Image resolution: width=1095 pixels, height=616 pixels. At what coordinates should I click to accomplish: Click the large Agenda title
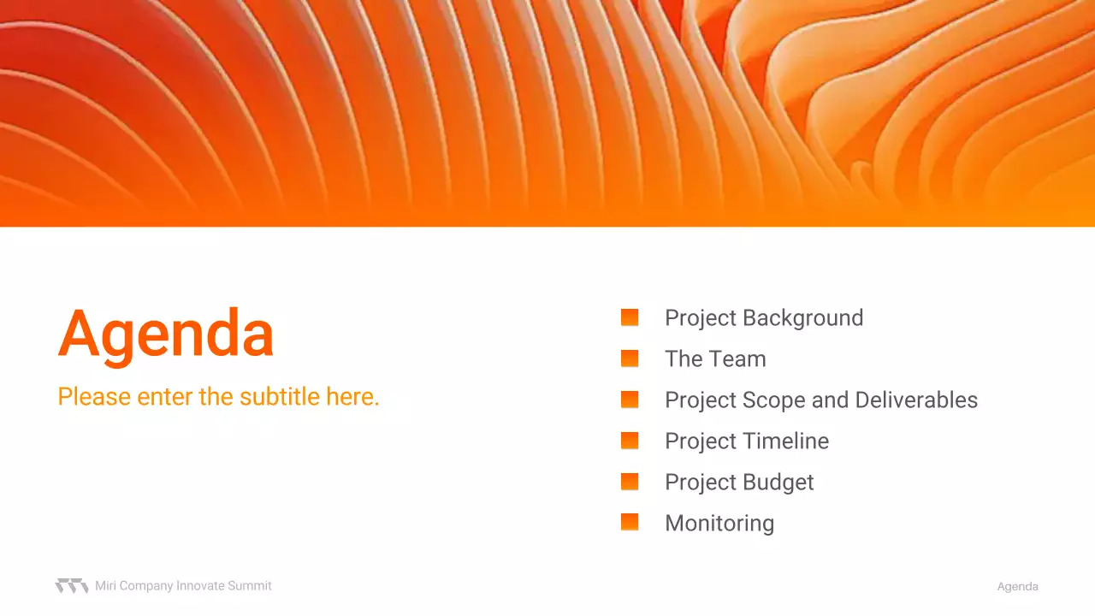(166, 337)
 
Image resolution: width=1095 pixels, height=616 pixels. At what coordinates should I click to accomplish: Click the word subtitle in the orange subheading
(280, 396)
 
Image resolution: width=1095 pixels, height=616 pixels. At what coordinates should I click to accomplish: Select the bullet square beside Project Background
(630, 317)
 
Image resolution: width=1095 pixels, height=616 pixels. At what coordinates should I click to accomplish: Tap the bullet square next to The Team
(630, 358)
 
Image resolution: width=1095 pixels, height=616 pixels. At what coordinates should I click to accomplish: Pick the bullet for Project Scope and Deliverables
(630, 400)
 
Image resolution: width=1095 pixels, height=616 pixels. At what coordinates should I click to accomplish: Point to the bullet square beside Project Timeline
(630, 441)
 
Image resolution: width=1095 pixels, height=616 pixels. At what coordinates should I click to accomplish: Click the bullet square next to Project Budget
(630, 482)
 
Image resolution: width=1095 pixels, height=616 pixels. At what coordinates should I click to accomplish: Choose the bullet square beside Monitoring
(630, 522)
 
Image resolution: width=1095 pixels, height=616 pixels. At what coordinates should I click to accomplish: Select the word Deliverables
(916, 400)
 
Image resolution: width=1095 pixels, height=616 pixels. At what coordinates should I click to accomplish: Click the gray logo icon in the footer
(72, 586)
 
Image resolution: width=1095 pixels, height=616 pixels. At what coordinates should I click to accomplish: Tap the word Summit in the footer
(249, 586)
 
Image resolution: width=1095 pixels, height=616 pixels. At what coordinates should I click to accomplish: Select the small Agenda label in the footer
(1018, 587)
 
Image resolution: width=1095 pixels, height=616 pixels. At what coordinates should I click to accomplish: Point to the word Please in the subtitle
(94, 396)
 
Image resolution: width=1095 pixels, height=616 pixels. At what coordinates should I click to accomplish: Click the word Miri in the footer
(105, 586)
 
